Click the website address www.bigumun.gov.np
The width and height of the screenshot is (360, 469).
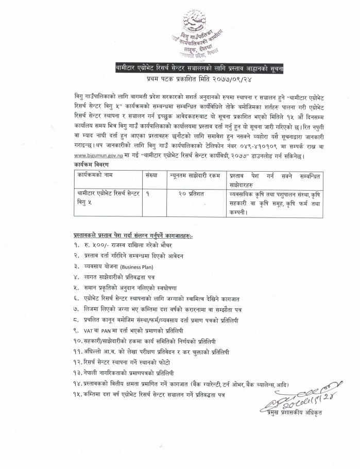coord(98,156)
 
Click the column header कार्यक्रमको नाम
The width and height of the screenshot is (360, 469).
coord(97,175)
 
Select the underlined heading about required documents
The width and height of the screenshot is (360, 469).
coord(131,236)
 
